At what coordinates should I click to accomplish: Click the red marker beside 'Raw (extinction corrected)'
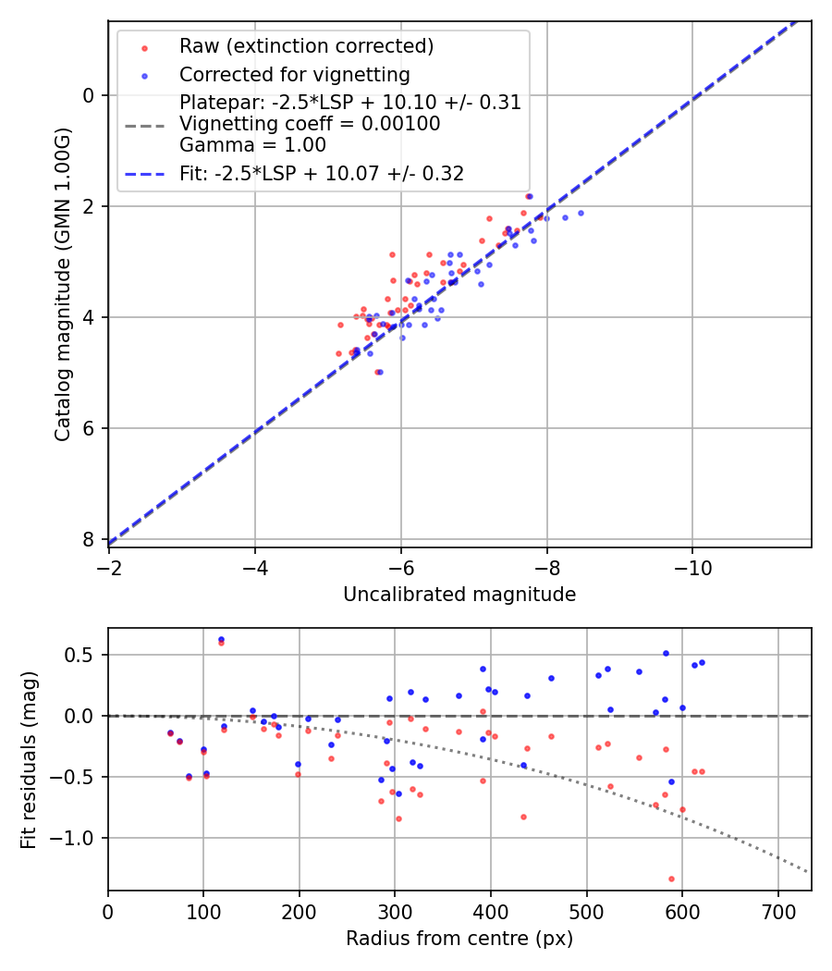143,46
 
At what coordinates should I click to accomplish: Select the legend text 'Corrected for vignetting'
294,74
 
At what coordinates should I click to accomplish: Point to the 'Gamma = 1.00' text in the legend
252,144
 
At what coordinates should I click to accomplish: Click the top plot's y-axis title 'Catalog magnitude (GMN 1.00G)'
62,283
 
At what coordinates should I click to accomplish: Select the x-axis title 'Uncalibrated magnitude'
459,595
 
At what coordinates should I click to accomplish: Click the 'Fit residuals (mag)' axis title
29,759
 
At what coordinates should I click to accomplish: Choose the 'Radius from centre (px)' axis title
459,939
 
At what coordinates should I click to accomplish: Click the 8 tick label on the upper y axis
88,539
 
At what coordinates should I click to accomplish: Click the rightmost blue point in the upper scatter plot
581,213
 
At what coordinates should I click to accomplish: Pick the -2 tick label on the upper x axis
109,567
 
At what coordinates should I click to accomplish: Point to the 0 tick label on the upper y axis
88,95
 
